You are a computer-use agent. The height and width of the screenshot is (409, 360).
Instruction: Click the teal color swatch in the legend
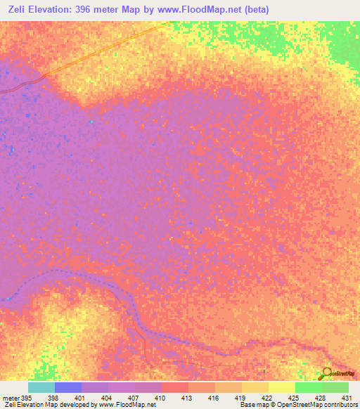point(41,387)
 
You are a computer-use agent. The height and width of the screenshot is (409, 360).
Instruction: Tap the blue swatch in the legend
point(67,387)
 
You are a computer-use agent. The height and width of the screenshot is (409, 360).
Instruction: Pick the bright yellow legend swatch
point(281,387)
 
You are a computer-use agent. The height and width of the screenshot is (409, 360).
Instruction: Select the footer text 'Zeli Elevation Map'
point(25,404)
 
